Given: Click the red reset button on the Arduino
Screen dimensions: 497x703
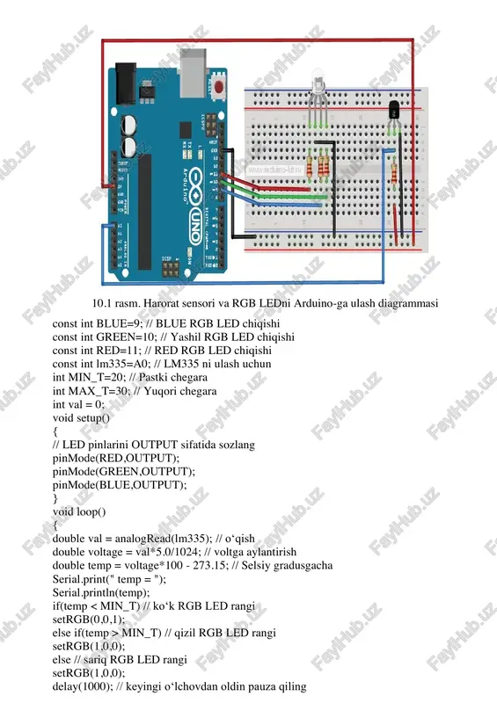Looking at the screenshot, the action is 219,86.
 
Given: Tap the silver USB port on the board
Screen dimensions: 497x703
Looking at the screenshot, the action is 194,73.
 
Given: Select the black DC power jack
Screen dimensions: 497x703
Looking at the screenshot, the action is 126,84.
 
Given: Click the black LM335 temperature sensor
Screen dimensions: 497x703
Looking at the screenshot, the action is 394,109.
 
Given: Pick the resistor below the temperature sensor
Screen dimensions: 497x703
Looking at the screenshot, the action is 394,172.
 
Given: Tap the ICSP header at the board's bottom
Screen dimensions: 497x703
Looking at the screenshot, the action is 170,268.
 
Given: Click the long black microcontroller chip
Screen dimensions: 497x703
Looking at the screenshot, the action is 144,212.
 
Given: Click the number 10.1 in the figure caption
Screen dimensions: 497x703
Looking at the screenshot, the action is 102,303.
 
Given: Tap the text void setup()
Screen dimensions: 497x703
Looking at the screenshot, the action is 81,418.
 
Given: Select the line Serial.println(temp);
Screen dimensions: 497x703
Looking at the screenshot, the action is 101,592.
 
